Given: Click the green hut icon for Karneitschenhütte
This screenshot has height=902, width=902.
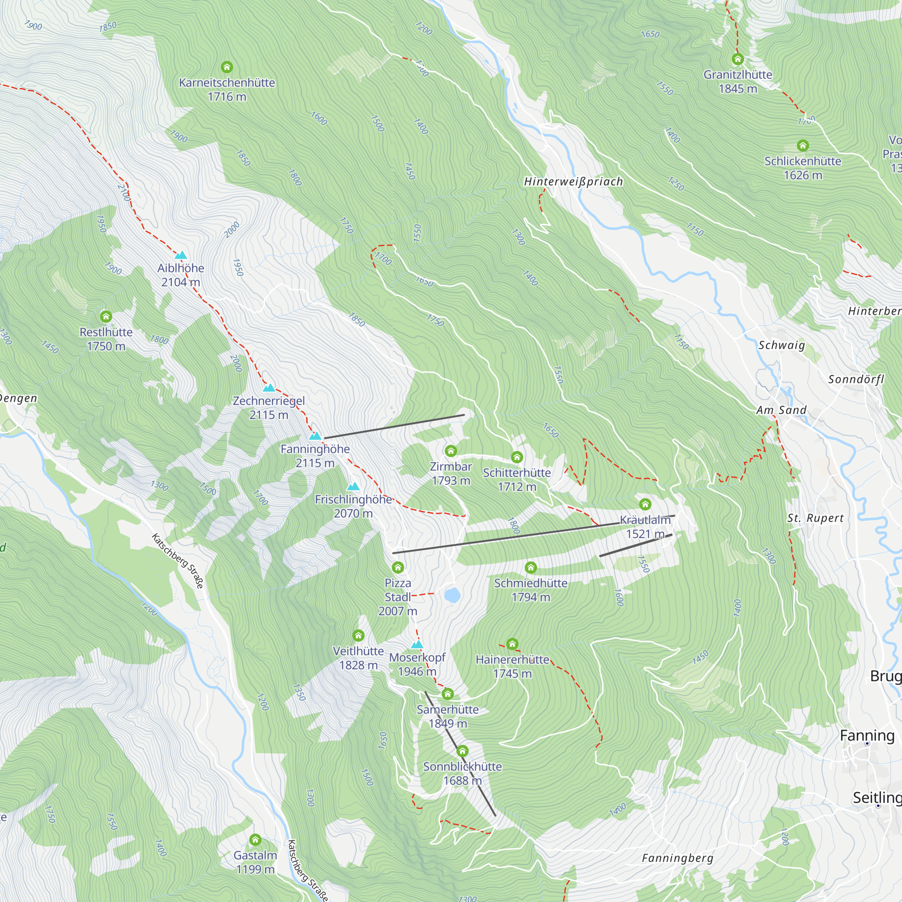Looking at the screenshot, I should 226,67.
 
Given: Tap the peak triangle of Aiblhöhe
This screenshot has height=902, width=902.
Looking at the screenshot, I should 181,255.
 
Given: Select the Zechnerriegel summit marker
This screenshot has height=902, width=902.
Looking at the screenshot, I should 269,387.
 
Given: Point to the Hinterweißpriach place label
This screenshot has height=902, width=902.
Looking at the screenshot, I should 573,182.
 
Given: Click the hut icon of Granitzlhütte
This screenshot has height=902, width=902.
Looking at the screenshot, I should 738,59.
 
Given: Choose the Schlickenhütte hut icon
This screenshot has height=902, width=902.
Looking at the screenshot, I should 803,146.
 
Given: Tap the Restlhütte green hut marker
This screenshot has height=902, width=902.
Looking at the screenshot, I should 106,317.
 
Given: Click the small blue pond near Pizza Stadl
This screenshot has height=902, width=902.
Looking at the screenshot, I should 452,595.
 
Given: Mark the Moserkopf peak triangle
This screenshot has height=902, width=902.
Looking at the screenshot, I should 417,645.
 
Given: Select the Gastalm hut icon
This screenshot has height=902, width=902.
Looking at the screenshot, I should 255,840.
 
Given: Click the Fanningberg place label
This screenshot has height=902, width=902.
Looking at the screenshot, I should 677,858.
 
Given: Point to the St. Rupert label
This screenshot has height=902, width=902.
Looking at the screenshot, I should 815,518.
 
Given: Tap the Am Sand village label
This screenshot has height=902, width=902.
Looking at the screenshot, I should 781,410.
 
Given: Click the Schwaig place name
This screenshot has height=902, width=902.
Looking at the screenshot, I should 782,345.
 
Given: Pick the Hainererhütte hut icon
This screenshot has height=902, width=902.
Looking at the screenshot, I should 512,644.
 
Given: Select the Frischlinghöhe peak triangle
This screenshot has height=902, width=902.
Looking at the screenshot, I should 354,487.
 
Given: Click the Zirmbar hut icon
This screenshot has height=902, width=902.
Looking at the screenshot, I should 451,451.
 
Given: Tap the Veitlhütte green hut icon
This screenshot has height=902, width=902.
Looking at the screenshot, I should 358,635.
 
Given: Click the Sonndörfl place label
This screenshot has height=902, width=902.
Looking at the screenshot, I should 856,379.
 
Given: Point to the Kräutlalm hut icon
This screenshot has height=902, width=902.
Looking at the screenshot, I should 645,504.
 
